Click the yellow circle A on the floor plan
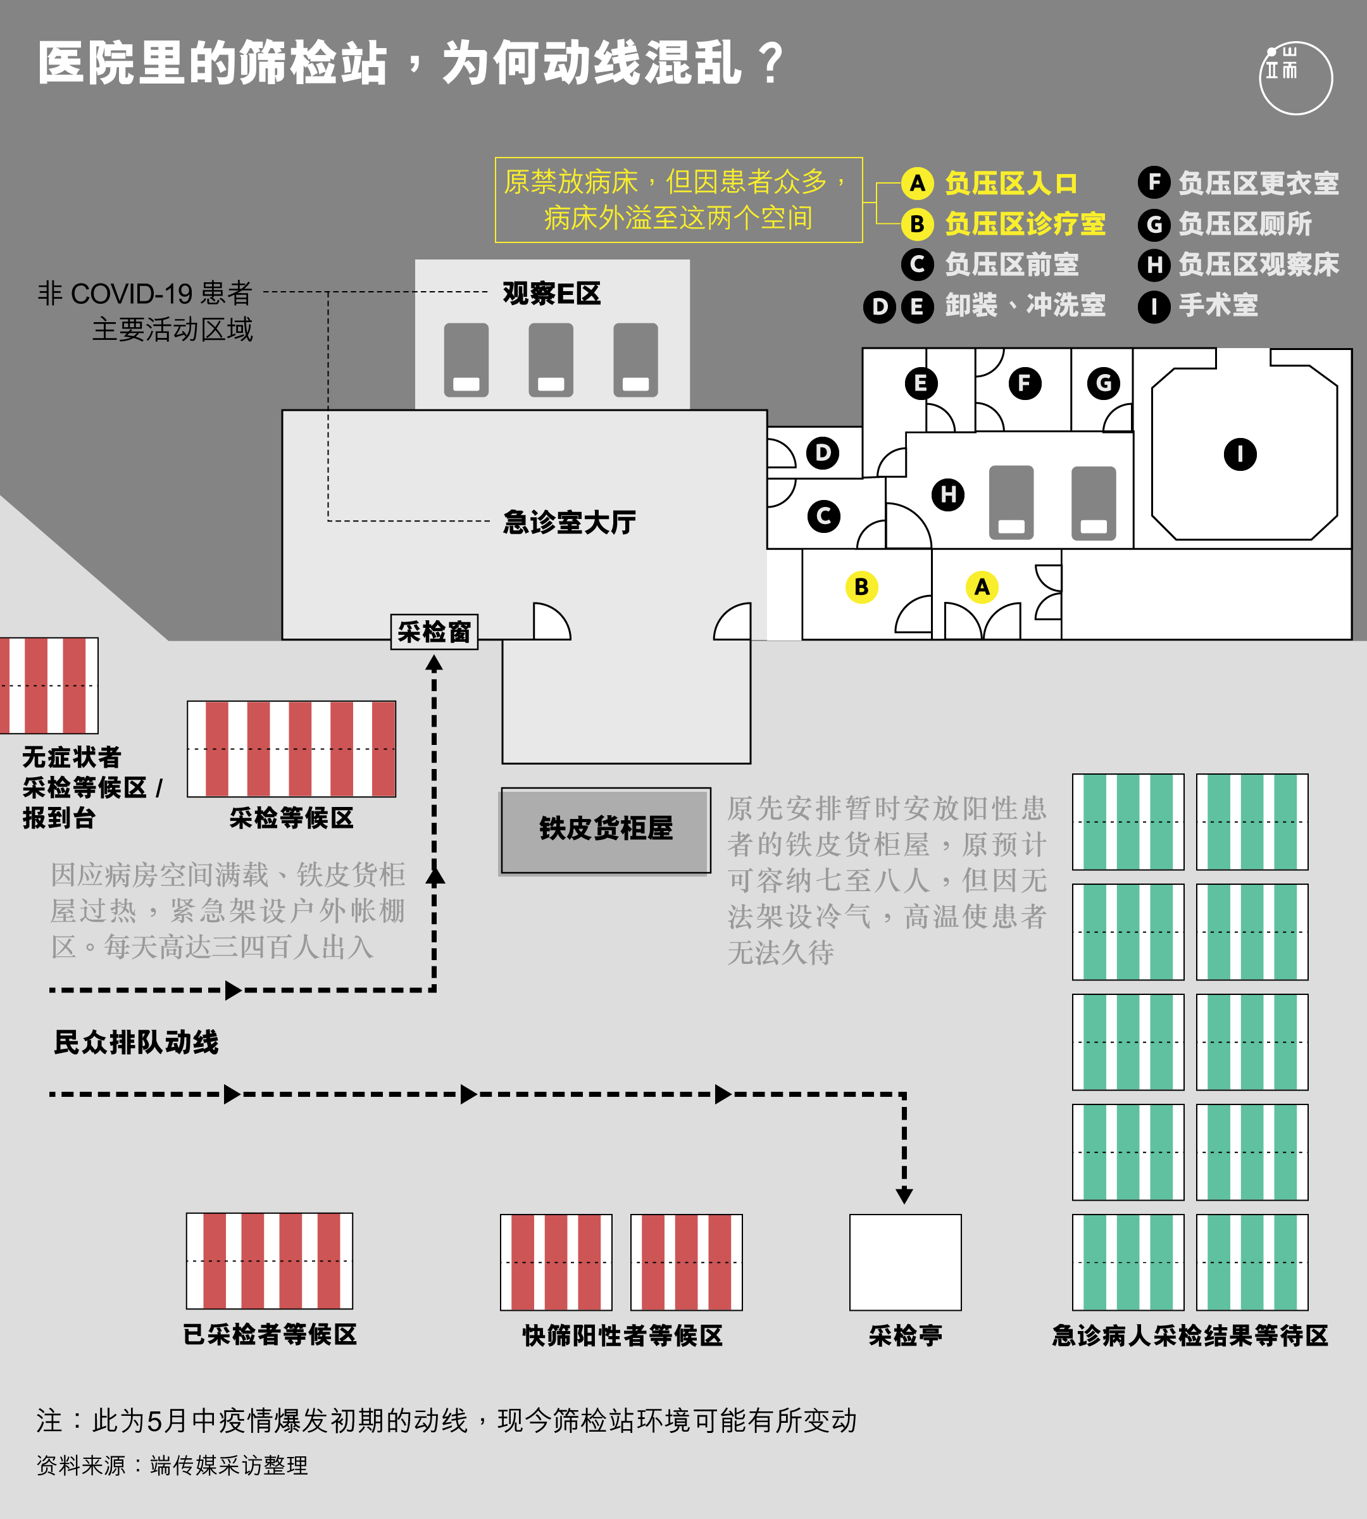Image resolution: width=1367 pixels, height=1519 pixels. coord(982,587)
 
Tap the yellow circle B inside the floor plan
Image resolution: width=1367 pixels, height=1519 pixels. coord(861,587)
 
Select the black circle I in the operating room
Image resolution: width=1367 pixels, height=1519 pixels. coord(1240,454)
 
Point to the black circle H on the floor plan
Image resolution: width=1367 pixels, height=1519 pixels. coord(948,494)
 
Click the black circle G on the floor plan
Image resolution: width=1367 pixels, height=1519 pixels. coord(1103,383)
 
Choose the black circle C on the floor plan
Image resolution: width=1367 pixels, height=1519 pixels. coord(824,516)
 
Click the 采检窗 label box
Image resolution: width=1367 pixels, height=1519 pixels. coord(434,632)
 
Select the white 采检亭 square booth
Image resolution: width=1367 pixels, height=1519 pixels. coord(905,1262)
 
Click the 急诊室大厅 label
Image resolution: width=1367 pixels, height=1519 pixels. coord(570,522)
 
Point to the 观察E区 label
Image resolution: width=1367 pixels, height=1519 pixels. coord(552,293)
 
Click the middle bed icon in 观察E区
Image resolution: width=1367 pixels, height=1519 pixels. coord(551,360)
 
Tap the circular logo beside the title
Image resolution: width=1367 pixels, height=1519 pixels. coord(1295,78)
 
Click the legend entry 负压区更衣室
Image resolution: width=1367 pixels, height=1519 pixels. coord(1239,182)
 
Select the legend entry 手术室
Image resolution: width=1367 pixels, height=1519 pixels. coord(1198,306)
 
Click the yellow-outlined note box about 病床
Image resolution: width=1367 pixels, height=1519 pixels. coord(679,200)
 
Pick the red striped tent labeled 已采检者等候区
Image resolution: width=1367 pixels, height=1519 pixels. coord(270,1261)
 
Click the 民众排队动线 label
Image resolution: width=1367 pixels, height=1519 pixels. coord(136,1042)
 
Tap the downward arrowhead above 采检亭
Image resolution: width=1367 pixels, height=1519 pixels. coord(904,1196)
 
